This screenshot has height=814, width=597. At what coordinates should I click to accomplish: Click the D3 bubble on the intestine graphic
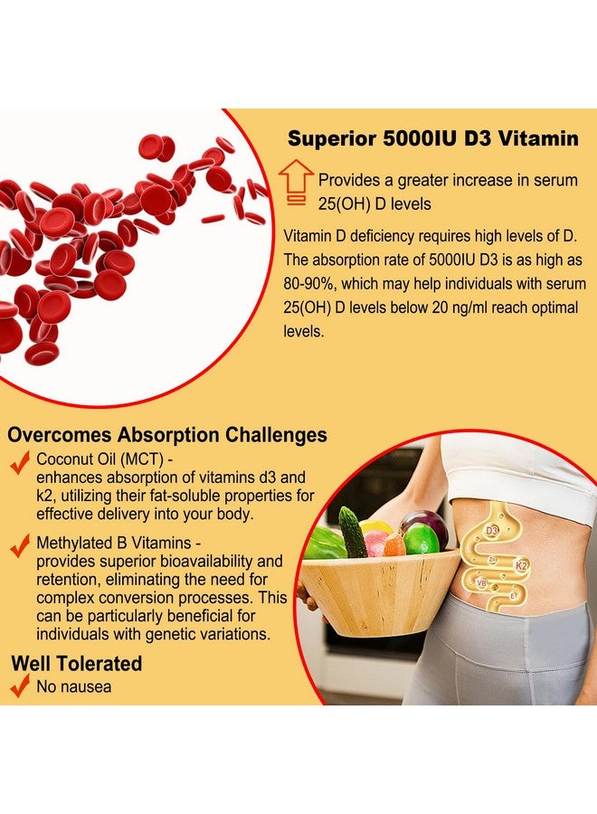[492, 529]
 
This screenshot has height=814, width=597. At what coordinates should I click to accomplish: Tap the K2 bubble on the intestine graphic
[522, 564]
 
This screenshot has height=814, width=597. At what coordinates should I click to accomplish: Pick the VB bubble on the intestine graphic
[481, 583]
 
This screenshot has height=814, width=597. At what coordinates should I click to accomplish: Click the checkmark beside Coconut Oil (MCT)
[19, 463]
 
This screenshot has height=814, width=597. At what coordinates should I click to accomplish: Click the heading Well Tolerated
[77, 663]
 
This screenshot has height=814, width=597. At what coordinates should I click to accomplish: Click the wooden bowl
[380, 592]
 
